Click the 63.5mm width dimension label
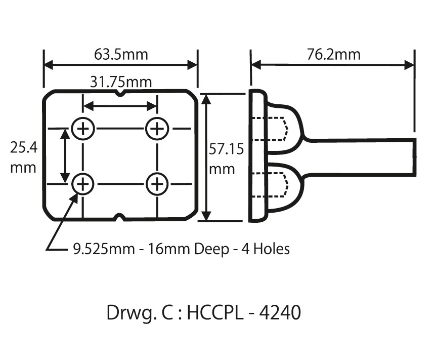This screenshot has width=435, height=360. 121,54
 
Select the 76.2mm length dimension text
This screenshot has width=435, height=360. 333,54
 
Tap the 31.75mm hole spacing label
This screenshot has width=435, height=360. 120,82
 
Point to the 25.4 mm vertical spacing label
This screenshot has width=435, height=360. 23,156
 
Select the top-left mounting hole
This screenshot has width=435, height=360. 83,129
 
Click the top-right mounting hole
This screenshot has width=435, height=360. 157,129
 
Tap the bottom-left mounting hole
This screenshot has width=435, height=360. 83,184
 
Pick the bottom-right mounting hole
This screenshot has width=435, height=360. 157,184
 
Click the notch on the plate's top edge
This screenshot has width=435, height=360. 120,94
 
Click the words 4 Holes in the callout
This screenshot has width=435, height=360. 264,249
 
